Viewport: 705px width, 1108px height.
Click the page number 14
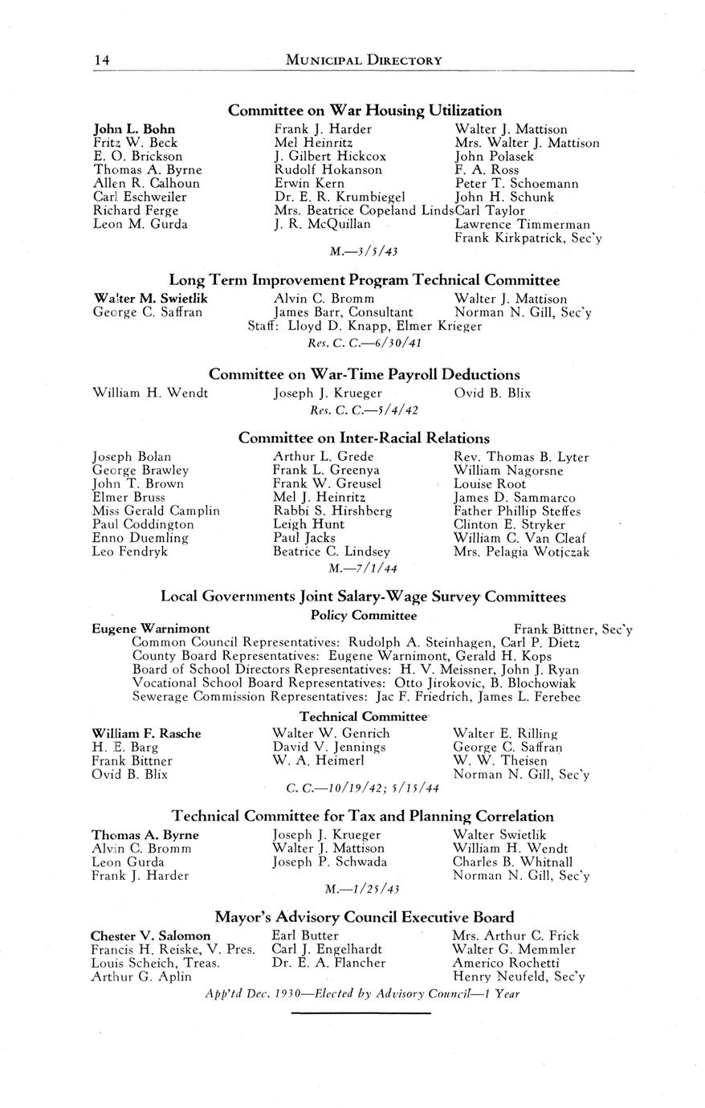point(101,59)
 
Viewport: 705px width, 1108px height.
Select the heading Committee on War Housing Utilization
point(365,110)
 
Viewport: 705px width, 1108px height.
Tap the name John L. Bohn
point(135,128)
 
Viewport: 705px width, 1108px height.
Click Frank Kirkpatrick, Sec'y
point(528,238)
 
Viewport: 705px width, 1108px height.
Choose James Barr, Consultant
point(344,312)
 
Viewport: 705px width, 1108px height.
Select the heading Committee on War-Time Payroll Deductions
point(365,374)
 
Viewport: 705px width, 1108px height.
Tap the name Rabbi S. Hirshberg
point(332,511)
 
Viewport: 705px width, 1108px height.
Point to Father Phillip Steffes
point(517,511)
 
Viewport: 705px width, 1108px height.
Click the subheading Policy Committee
point(364,615)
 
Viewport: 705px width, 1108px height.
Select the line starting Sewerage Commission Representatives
point(356,697)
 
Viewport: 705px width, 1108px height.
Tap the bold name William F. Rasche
point(147,733)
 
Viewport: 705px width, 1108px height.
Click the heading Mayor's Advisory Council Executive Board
point(365,917)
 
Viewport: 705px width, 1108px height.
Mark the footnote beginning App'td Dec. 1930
point(363,993)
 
